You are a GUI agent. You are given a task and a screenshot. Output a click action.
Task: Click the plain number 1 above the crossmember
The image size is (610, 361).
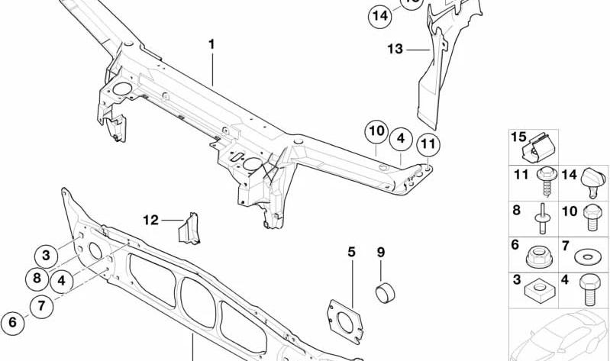(x=211, y=44)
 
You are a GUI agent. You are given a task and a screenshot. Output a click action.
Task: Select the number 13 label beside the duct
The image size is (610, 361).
(x=395, y=50)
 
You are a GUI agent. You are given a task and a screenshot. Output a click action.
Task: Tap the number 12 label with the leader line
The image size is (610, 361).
(x=150, y=220)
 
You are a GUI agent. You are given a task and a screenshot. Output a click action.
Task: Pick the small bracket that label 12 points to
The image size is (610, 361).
(x=189, y=229)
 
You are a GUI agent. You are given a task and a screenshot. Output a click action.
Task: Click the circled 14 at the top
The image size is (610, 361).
(x=380, y=16)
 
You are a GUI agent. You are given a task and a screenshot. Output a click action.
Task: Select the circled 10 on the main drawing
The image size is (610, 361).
(x=376, y=131)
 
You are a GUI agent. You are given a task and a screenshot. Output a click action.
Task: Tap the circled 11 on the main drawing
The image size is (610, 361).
(x=428, y=144)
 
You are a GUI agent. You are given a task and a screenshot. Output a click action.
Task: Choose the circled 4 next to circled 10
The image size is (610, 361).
(x=401, y=139)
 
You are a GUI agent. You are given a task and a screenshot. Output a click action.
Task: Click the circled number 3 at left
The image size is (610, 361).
(x=46, y=256)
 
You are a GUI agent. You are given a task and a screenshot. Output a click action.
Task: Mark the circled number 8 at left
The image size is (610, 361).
(x=37, y=279)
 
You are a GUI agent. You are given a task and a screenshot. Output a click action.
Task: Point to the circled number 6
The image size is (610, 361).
(x=12, y=323)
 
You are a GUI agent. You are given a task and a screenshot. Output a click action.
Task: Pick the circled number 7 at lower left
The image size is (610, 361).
(x=42, y=307)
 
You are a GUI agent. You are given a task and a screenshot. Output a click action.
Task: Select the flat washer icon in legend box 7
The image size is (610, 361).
(x=587, y=256)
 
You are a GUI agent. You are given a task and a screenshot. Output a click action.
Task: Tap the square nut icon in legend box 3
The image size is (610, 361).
(x=539, y=289)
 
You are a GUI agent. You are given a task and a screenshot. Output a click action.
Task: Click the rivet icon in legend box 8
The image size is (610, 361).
(x=541, y=218)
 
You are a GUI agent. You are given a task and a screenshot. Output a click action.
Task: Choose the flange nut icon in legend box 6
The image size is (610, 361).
(x=539, y=256)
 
